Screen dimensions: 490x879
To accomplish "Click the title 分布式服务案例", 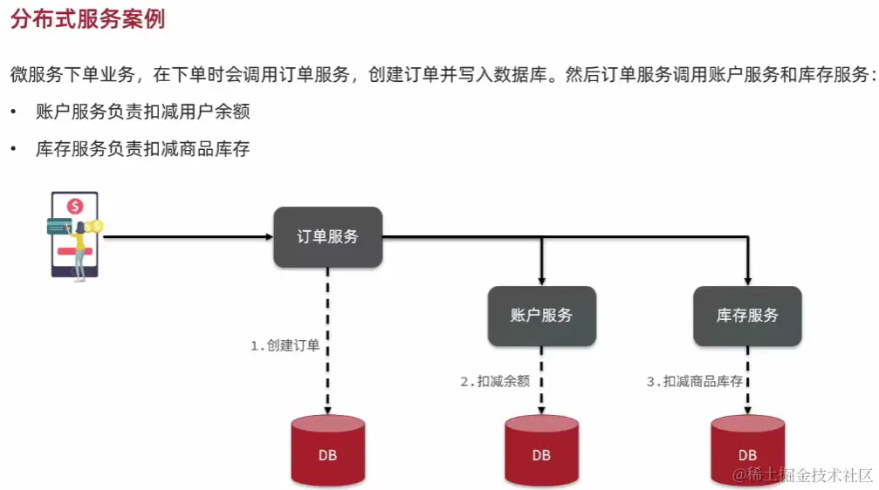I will (87, 19).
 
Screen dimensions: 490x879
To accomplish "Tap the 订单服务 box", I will (327, 236).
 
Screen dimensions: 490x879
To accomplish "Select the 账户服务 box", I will (541, 316).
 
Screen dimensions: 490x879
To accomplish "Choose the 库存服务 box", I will (747, 316).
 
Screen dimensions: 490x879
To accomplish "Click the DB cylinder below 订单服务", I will (327, 451).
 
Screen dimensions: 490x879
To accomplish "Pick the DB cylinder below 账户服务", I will (541, 451).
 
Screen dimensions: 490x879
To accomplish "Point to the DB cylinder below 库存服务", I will (747, 451).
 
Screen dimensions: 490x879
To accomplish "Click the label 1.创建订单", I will (285, 345).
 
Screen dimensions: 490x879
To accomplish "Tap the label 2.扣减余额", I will (495, 381).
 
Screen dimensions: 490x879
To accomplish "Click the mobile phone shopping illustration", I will (75, 235).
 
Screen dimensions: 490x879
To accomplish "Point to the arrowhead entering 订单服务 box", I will (268, 236).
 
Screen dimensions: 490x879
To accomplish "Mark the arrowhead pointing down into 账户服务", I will (541, 280).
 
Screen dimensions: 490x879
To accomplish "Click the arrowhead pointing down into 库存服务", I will (747, 280).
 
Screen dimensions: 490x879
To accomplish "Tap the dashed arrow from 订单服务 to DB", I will (327, 349).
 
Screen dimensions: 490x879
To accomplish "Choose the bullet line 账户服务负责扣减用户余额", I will (142, 112).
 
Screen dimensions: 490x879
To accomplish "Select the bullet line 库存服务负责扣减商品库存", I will (142, 149).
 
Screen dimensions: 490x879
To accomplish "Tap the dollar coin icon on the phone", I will (76, 207).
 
